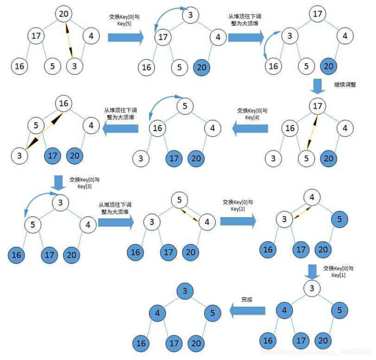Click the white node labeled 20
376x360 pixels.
point(64,14)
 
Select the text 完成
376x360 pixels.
point(247,300)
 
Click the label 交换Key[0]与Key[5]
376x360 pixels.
point(124,20)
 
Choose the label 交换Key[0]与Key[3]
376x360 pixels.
point(84,183)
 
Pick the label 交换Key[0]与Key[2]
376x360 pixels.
point(238,205)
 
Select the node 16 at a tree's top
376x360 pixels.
point(63,103)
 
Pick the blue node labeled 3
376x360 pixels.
point(184,291)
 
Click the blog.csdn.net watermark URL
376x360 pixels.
point(315,351)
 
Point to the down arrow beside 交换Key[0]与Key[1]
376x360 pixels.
point(313,271)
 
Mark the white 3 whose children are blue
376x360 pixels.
point(312,288)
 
